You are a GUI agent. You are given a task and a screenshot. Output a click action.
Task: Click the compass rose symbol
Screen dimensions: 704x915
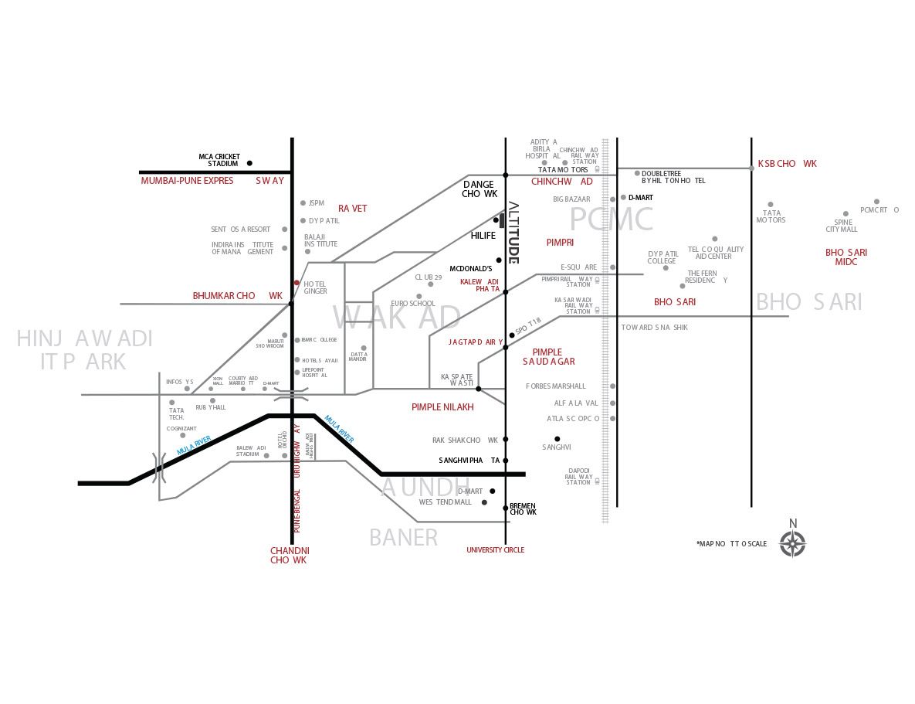792,542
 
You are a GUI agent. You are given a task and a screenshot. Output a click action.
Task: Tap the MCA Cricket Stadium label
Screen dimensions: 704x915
218,160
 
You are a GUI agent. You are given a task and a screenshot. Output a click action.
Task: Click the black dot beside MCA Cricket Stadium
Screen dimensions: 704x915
249,163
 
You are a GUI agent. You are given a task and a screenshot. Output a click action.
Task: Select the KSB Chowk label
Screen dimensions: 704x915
787,164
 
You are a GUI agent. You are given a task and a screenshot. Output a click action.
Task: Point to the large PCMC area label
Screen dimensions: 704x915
612,219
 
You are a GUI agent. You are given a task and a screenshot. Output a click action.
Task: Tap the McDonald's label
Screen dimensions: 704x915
471,269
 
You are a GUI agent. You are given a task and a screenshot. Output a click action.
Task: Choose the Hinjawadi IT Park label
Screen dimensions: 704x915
84,349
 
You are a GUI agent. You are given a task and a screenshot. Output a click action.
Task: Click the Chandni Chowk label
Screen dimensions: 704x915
290,555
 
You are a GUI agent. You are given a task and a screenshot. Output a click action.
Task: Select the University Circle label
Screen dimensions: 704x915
495,550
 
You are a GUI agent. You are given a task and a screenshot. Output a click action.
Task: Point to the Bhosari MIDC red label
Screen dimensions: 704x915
846,257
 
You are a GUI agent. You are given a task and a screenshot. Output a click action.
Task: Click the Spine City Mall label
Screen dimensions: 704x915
842,226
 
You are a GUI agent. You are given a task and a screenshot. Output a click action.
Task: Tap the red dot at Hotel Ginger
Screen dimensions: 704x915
297,283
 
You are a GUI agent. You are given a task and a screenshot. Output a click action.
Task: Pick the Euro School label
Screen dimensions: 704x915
413,304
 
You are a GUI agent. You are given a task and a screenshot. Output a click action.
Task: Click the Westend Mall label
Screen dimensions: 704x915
446,502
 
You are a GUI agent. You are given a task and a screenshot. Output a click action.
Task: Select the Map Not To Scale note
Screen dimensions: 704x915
731,544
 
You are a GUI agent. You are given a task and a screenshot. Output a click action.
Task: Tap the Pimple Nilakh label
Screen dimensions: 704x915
442,407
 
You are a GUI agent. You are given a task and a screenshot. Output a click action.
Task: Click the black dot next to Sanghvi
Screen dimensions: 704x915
557,439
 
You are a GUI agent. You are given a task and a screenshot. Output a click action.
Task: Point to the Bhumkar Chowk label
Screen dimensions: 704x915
238,296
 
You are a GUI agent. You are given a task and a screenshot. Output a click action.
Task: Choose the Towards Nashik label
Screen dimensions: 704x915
655,328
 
